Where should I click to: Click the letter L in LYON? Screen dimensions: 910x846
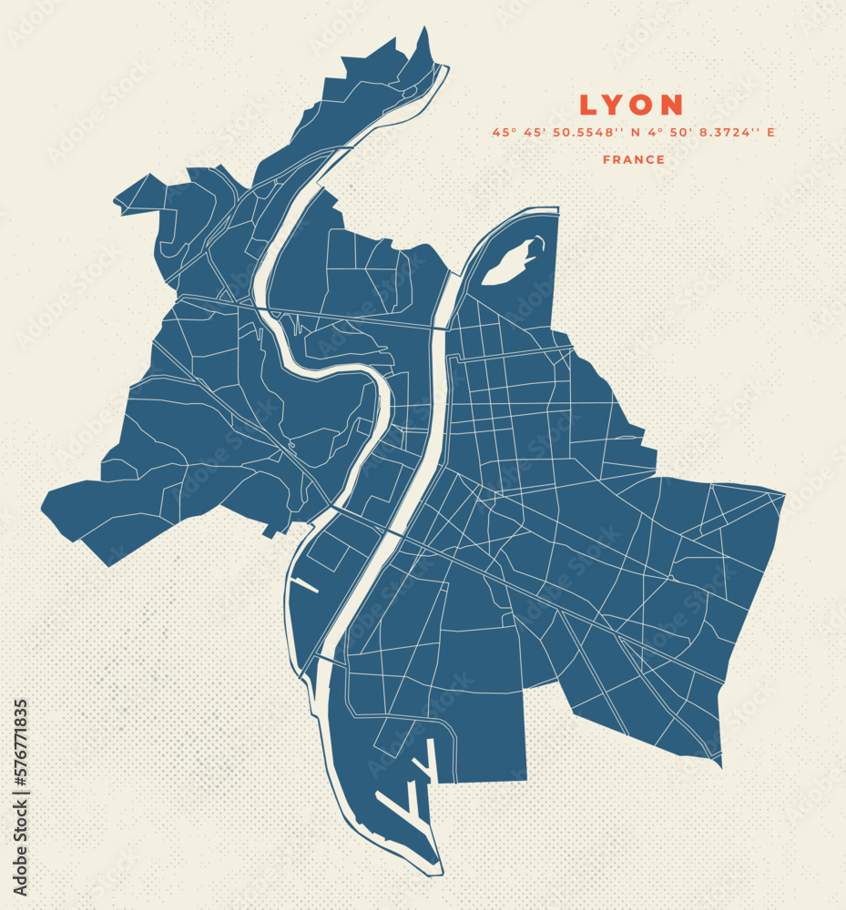coord(589,106)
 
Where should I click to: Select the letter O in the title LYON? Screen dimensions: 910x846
coord(643,106)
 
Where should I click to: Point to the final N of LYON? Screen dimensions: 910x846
coord(672,106)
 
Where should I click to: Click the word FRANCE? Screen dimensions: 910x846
coord(634,160)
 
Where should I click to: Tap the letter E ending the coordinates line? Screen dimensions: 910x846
coord(770,133)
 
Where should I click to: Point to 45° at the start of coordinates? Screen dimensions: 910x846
coord(504,133)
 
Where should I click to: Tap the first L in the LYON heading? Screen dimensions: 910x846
coord(589,106)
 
